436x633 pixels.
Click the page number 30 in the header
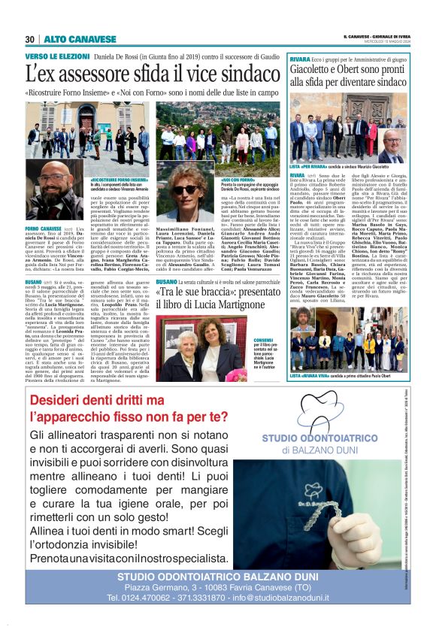pyautogui.click(x=29, y=39)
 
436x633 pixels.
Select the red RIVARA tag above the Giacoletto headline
pyautogui.click(x=299, y=58)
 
